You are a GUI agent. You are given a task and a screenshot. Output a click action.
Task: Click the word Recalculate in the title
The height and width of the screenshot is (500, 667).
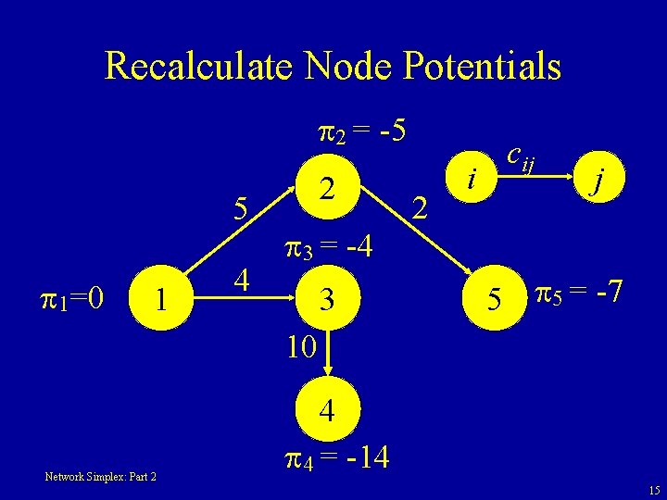[x=195, y=67]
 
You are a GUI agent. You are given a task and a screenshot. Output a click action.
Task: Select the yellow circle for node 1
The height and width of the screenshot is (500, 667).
[x=161, y=299]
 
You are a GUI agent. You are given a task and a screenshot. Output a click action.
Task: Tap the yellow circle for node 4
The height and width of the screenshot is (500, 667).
[x=326, y=410]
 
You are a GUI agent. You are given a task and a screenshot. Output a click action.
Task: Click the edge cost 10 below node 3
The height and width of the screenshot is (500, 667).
[x=302, y=348]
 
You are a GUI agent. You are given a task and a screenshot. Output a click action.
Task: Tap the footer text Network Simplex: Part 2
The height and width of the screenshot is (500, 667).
[x=101, y=477]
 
